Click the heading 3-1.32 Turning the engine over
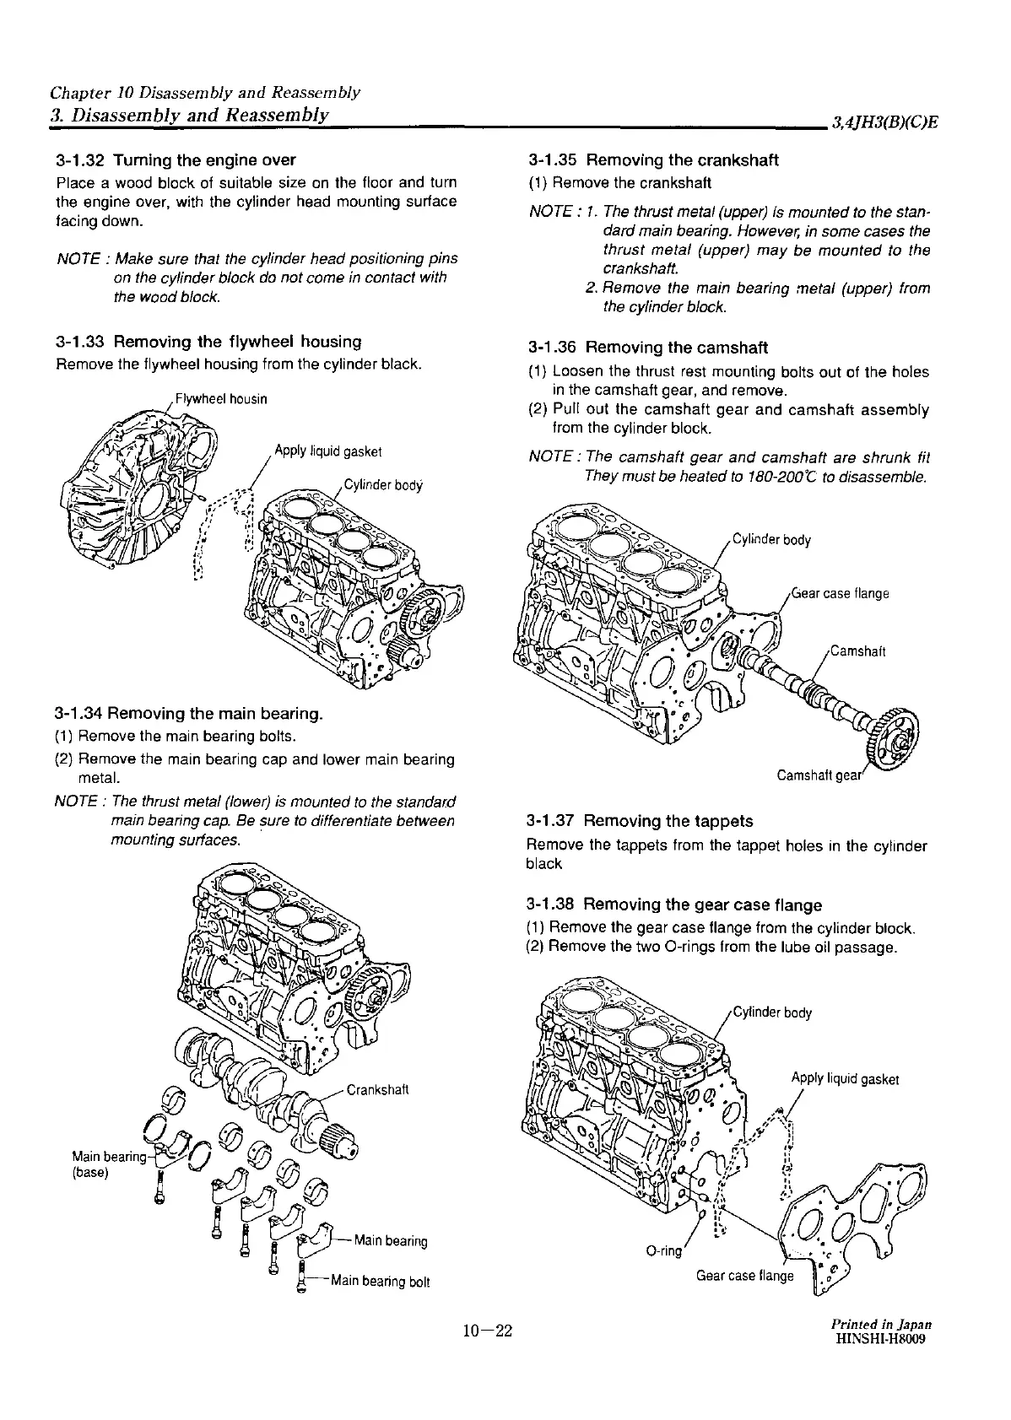(176, 159)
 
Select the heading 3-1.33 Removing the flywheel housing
(208, 342)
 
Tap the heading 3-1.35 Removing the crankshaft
(652, 159)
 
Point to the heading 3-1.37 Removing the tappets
(639, 820)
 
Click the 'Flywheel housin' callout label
(220, 399)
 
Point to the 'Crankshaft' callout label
(377, 1089)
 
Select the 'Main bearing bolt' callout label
(380, 1282)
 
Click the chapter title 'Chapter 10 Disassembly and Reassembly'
(205, 91)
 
